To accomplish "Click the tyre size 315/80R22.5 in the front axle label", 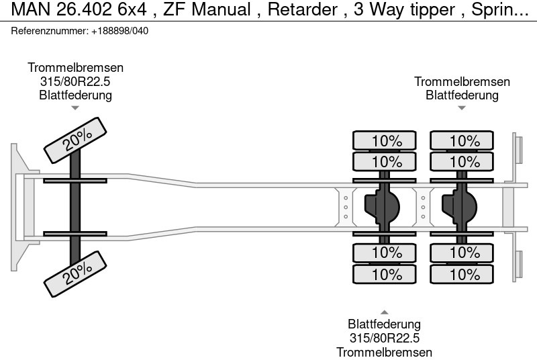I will pos(75,81).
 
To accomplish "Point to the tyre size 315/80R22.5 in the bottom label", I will pos(384,338).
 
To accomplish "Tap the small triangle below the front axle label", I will pos(75,107).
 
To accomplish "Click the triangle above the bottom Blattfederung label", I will pos(384,312).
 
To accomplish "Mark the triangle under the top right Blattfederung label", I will pos(462,107).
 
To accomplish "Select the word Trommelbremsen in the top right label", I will pos(462,81).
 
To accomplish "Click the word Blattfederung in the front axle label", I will pos(75,95).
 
